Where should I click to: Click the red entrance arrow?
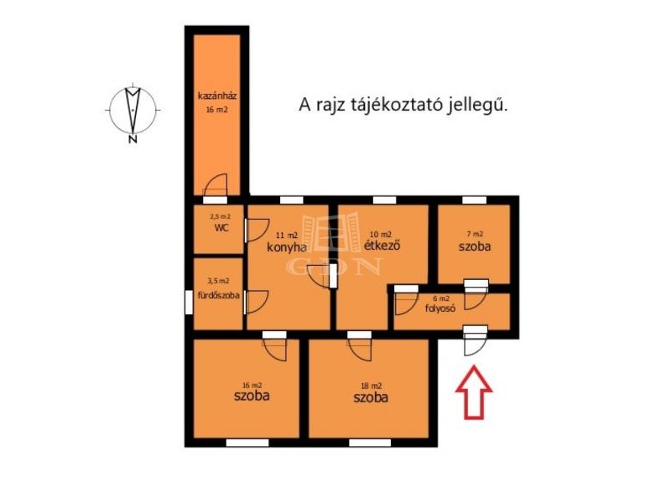(x=473, y=392)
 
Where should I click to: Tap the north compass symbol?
(x=133, y=110)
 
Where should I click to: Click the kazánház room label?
(x=217, y=96)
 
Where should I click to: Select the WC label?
(x=221, y=228)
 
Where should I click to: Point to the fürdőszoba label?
(x=218, y=295)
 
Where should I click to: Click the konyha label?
(x=286, y=247)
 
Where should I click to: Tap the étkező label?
(x=382, y=246)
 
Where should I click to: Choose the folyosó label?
(x=440, y=308)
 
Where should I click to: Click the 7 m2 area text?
(x=475, y=234)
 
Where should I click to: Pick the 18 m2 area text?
(x=371, y=386)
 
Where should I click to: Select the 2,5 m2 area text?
(x=220, y=216)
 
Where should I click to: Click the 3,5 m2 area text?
(x=218, y=281)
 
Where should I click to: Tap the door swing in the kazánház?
(x=216, y=185)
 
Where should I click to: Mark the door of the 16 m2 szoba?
(x=275, y=350)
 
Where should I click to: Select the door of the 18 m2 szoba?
(x=360, y=350)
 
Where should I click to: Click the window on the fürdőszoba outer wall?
(x=189, y=303)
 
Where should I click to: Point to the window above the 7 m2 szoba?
(x=474, y=200)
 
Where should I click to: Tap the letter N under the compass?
(x=133, y=139)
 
